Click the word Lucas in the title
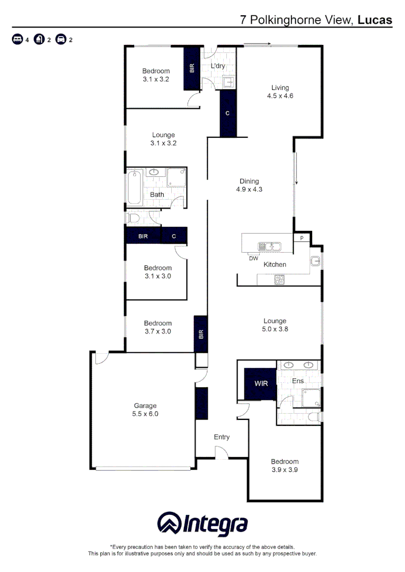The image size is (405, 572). (x=375, y=20)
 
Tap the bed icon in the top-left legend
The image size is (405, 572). (x=17, y=40)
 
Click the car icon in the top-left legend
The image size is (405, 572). (x=61, y=40)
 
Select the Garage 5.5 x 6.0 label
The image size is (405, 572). (x=145, y=410)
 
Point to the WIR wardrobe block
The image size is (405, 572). (x=260, y=382)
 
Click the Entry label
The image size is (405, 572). (x=222, y=437)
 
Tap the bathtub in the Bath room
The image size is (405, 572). (x=135, y=187)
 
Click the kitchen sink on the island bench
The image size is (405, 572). (x=269, y=246)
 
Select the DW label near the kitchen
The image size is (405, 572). (x=253, y=258)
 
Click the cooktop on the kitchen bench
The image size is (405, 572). (x=279, y=280)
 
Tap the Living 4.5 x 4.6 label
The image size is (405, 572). (x=280, y=92)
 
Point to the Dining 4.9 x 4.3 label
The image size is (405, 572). (x=249, y=185)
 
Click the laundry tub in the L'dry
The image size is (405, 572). (x=229, y=82)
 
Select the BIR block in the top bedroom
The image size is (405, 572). (x=192, y=68)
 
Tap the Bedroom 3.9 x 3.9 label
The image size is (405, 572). (x=285, y=465)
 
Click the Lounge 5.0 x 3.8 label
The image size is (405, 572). (x=275, y=325)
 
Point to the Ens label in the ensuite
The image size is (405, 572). (x=297, y=381)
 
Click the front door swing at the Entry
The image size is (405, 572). (x=222, y=451)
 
